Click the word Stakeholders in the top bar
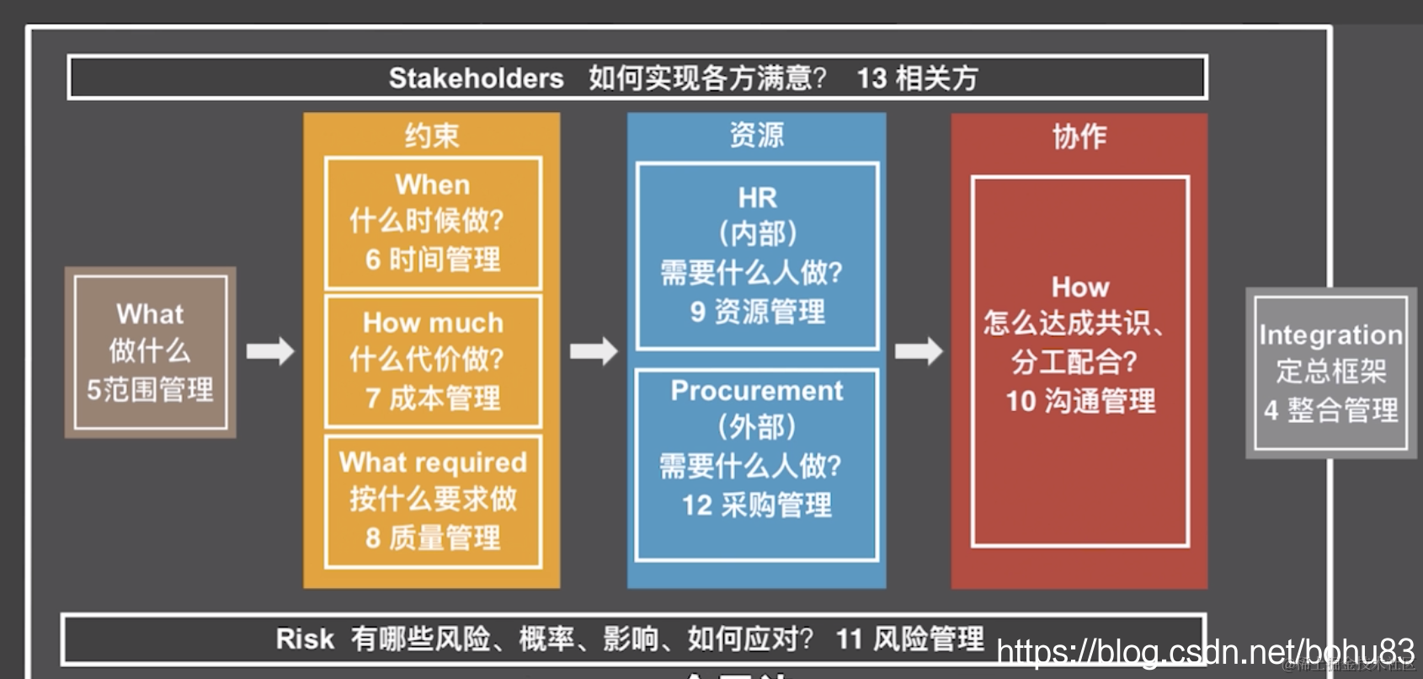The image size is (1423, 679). pyautogui.click(x=476, y=78)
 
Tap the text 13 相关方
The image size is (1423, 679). pyautogui.click(x=917, y=78)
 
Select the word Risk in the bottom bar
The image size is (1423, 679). pyautogui.click(x=304, y=639)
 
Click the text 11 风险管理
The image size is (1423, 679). pyautogui.click(x=909, y=639)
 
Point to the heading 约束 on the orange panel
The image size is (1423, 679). pyautogui.click(x=431, y=136)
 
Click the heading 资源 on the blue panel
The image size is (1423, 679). pyautogui.click(x=756, y=135)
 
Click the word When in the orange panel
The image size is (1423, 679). pyautogui.click(x=433, y=184)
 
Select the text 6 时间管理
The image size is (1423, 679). pyautogui.click(x=433, y=259)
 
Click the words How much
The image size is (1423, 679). pyautogui.click(x=433, y=323)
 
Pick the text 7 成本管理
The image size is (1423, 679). pyautogui.click(x=433, y=398)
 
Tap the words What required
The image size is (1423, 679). pyautogui.click(x=433, y=462)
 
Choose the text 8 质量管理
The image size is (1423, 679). pyautogui.click(x=433, y=537)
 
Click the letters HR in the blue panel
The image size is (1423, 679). pyautogui.click(x=757, y=198)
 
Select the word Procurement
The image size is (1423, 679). pyautogui.click(x=757, y=391)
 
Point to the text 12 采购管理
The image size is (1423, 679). pyautogui.click(x=757, y=505)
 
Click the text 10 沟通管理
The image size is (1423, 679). pyautogui.click(x=1080, y=401)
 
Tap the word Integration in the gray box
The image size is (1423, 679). pyautogui.click(x=1330, y=335)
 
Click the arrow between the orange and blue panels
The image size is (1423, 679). pyautogui.click(x=594, y=350)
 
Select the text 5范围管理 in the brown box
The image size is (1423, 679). pyautogui.click(x=150, y=390)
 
